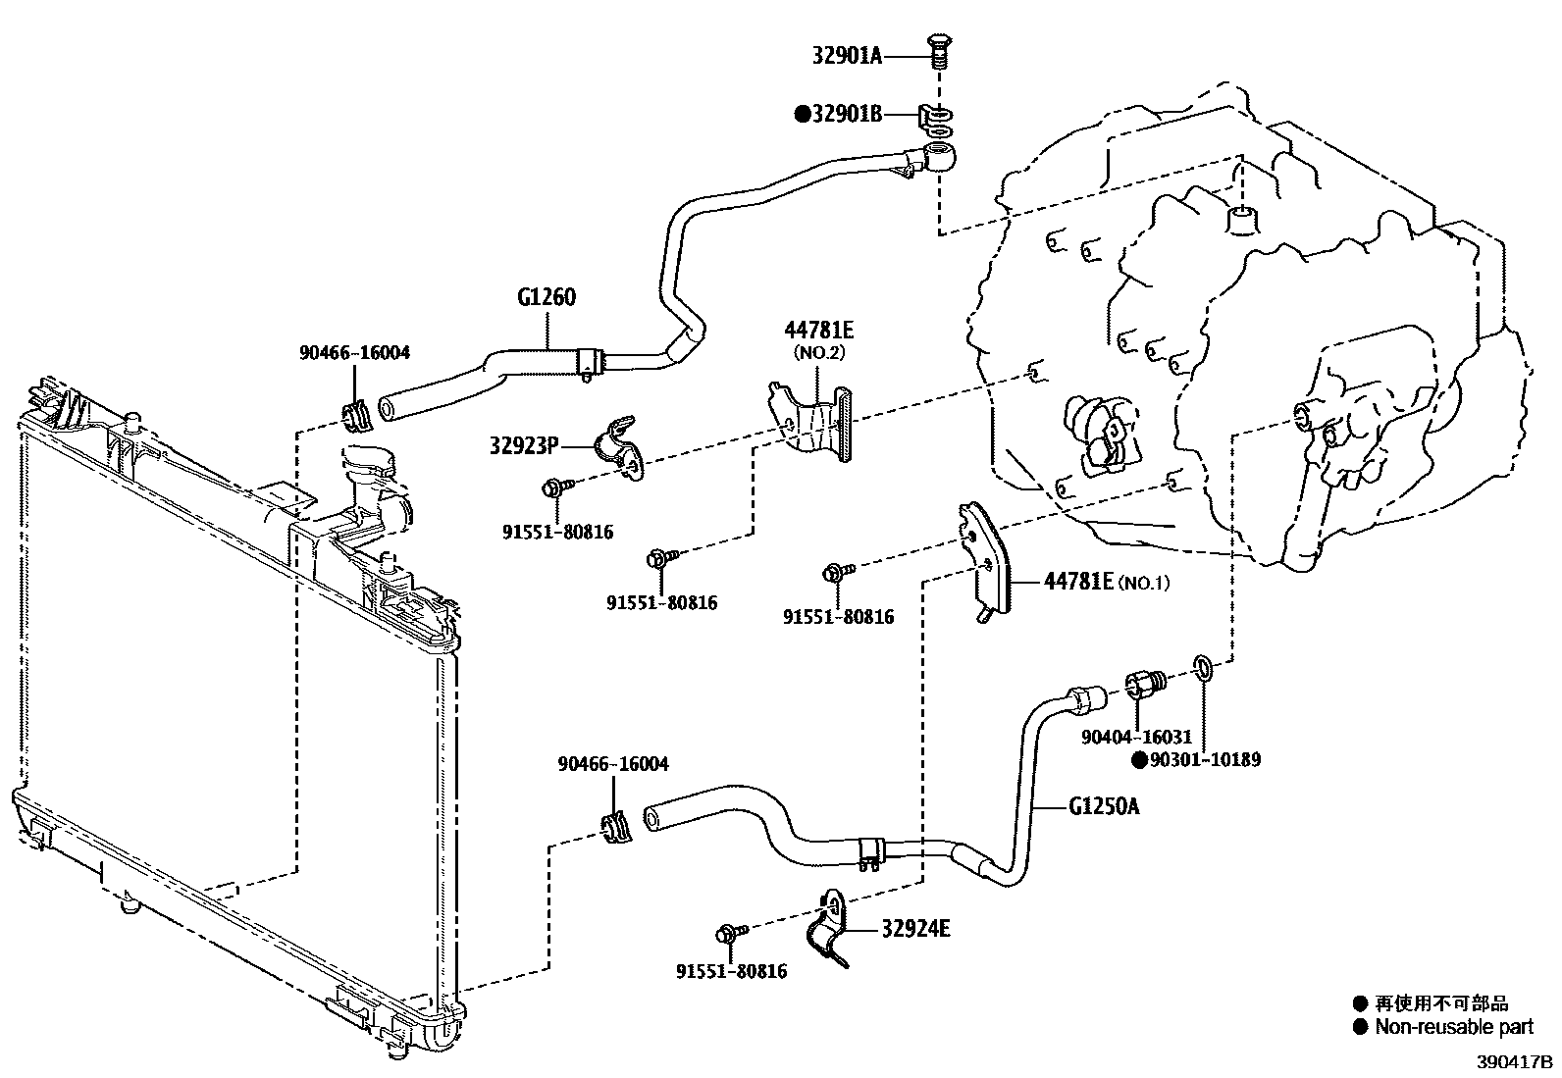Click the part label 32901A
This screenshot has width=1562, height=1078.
[x=847, y=56]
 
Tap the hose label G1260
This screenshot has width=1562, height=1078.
[x=546, y=296]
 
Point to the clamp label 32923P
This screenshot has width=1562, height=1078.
[x=524, y=446]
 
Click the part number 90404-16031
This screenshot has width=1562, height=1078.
[x=1136, y=737]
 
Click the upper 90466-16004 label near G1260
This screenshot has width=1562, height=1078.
[x=354, y=352]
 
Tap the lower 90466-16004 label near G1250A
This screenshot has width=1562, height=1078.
[x=613, y=763]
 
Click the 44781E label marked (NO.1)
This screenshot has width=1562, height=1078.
[x=1078, y=582]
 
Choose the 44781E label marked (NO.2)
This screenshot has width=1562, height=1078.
[x=817, y=330]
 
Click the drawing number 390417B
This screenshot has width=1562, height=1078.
[x=1516, y=1062]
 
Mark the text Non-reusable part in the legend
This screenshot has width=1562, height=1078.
[x=1453, y=1027]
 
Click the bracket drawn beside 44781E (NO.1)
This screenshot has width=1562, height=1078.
[x=982, y=564]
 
